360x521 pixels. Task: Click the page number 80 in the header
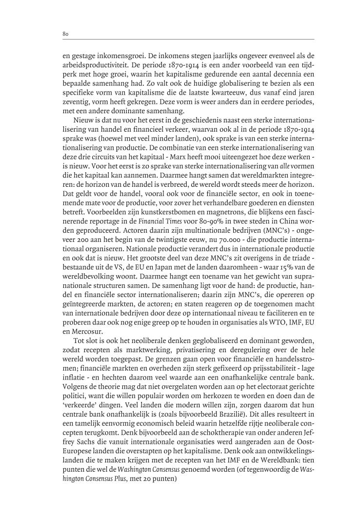tap(65, 34)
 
